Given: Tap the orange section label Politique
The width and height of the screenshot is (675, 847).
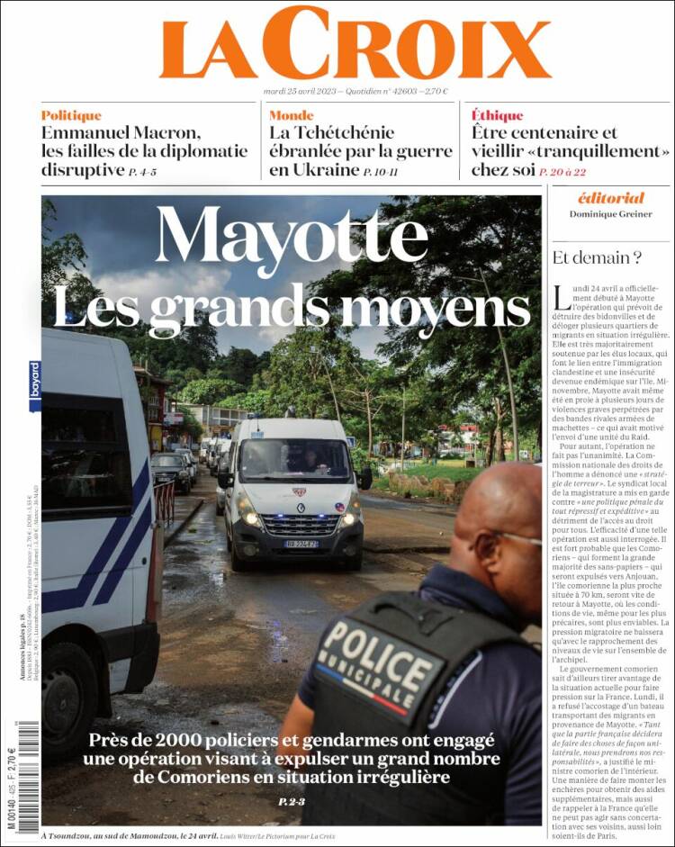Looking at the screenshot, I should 71,115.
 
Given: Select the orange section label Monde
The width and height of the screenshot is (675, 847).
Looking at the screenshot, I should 291,115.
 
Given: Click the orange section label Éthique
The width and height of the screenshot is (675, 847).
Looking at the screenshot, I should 497,115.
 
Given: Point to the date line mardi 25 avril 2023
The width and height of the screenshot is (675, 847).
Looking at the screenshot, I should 355,91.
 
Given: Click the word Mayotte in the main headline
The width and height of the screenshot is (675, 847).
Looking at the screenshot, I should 291,236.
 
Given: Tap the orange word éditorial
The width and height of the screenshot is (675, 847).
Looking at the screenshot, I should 610,198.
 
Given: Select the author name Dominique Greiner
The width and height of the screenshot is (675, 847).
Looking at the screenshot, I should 610,214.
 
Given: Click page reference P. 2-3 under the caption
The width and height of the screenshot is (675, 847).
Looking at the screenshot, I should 292,801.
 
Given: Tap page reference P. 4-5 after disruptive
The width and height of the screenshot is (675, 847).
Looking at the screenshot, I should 142,171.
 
